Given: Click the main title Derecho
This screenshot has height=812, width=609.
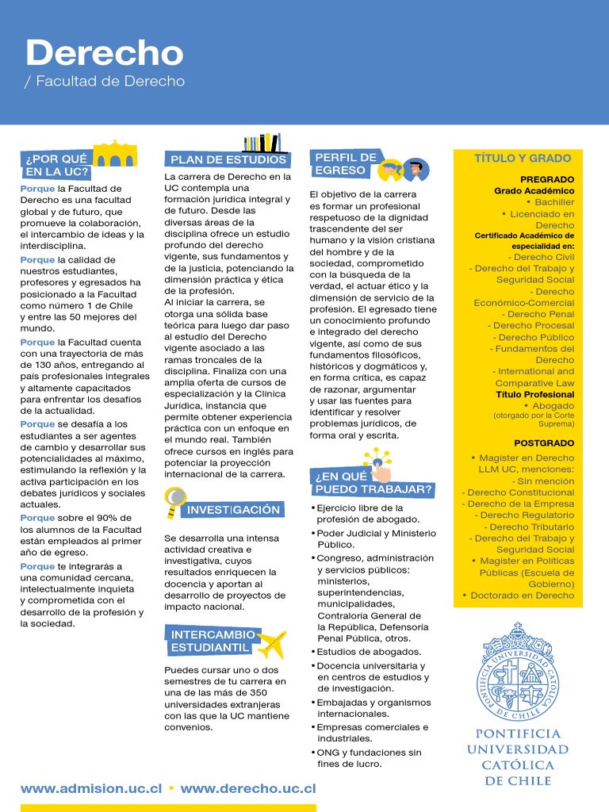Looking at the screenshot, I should tap(104, 53).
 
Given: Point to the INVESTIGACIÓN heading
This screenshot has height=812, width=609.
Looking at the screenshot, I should tap(233, 510).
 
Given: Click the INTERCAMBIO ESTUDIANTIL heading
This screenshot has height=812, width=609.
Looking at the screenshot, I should tap(212, 641).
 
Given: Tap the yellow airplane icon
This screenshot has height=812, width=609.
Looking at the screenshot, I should tap(272, 644).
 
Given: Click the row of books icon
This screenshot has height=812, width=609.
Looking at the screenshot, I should tap(262, 143).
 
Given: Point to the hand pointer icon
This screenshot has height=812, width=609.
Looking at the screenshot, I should tap(379, 468).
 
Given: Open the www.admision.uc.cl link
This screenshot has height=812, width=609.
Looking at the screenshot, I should tap(91, 789).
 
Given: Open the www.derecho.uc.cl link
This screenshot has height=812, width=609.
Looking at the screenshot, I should tap(248, 789).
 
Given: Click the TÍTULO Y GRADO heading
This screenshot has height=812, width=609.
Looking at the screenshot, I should tap(523, 158).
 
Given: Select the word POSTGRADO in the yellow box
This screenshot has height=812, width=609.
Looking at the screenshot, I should tap(544, 443).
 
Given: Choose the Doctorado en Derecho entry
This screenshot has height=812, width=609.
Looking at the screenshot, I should tap(522, 596).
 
